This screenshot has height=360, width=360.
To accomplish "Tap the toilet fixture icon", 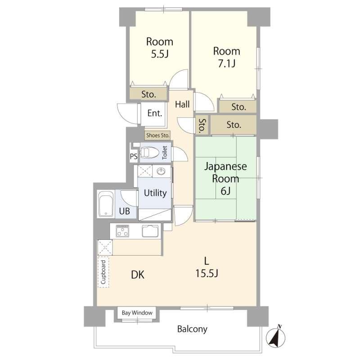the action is click(x=149, y=152).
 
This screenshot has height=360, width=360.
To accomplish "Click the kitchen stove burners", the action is click(x=122, y=231).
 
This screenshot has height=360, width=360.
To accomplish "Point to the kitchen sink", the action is click(x=150, y=231).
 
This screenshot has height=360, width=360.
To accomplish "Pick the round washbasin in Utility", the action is click(x=161, y=171).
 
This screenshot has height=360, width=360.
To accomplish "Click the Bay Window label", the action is click(x=137, y=313).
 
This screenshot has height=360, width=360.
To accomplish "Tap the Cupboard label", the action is click(x=103, y=272).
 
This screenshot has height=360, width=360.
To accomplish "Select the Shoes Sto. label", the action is click(x=158, y=135).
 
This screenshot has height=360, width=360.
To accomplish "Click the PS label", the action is click(x=134, y=156).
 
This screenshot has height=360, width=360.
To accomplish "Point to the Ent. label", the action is click(x=154, y=113).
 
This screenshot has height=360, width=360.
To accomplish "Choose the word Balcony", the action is click(x=192, y=329).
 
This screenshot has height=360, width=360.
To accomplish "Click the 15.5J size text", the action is click(x=207, y=273).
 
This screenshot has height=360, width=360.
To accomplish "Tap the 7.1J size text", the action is click(x=227, y=63).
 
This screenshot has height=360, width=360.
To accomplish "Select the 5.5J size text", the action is click(x=160, y=54).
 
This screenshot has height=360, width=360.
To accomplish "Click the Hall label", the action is click(x=182, y=104).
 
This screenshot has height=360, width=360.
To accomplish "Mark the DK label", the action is click(x=138, y=274).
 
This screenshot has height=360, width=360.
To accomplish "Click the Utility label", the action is click(x=155, y=193).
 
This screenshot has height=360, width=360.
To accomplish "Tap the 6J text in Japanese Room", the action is click(x=226, y=191).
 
